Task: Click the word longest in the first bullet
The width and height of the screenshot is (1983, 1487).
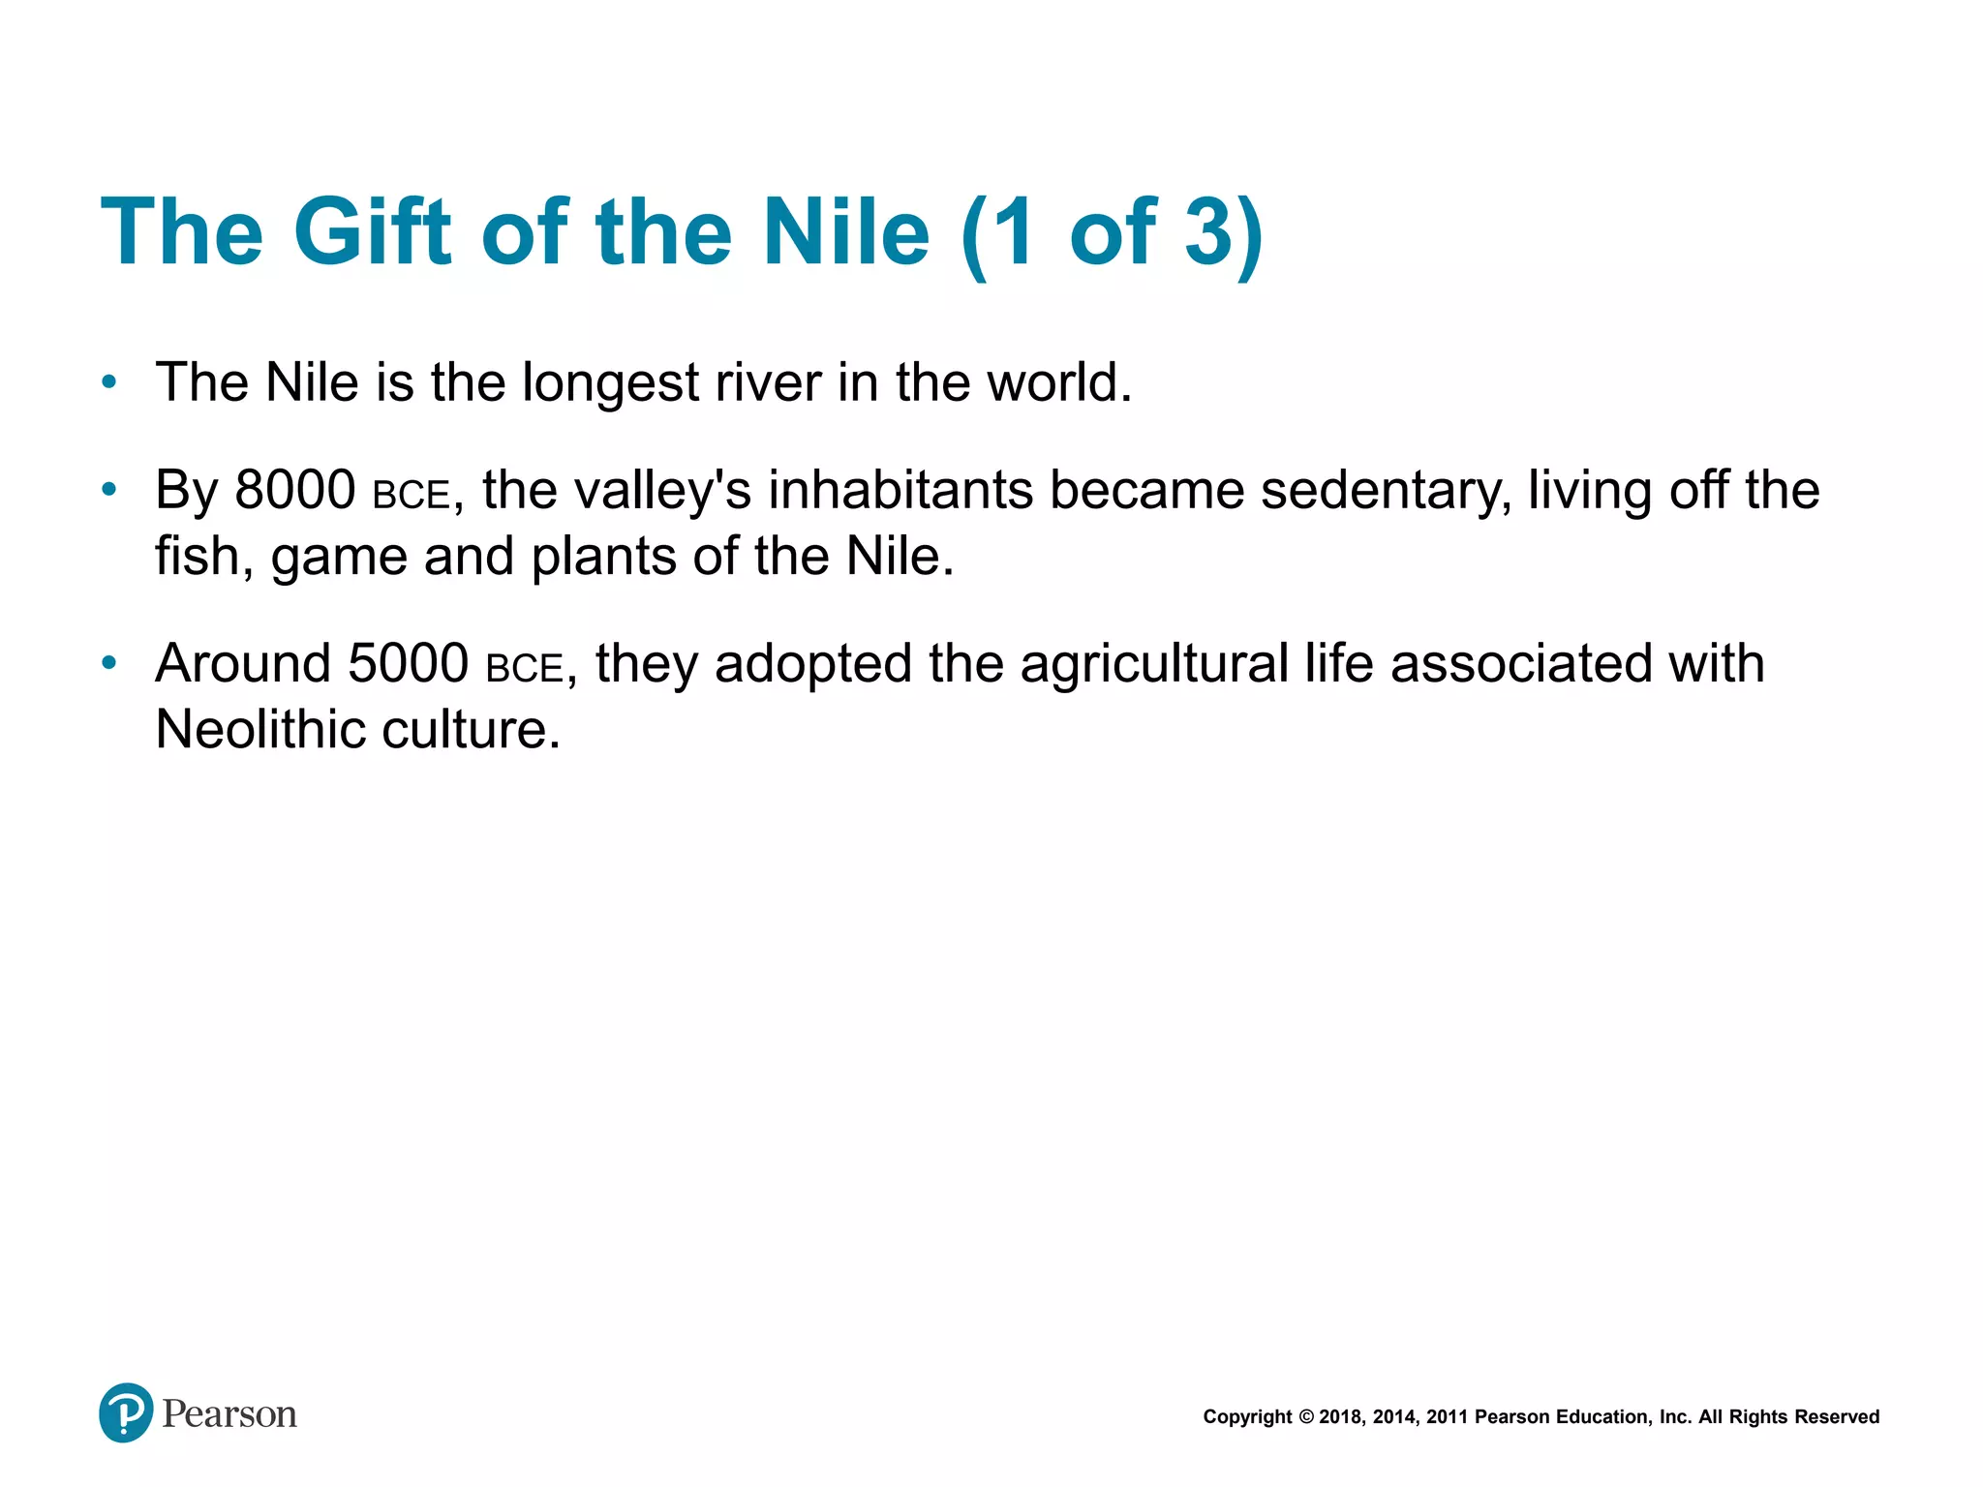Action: (x=610, y=383)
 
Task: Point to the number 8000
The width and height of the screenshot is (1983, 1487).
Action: (x=295, y=490)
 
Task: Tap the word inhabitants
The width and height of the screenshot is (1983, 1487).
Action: (x=900, y=490)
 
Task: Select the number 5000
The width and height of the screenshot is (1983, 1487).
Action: (x=409, y=664)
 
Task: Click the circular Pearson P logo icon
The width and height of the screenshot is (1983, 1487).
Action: (x=126, y=1412)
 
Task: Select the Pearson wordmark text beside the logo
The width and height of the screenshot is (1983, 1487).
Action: (x=229, y=1414)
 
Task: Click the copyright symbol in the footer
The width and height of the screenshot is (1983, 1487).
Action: (x=1305, y=1417)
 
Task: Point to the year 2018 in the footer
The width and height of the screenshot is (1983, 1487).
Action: (x=1340, y=1417)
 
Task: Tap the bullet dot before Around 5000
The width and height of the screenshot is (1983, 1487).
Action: (x=109, y=663)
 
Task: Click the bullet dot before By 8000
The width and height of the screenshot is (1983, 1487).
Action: (x=109, y=490)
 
